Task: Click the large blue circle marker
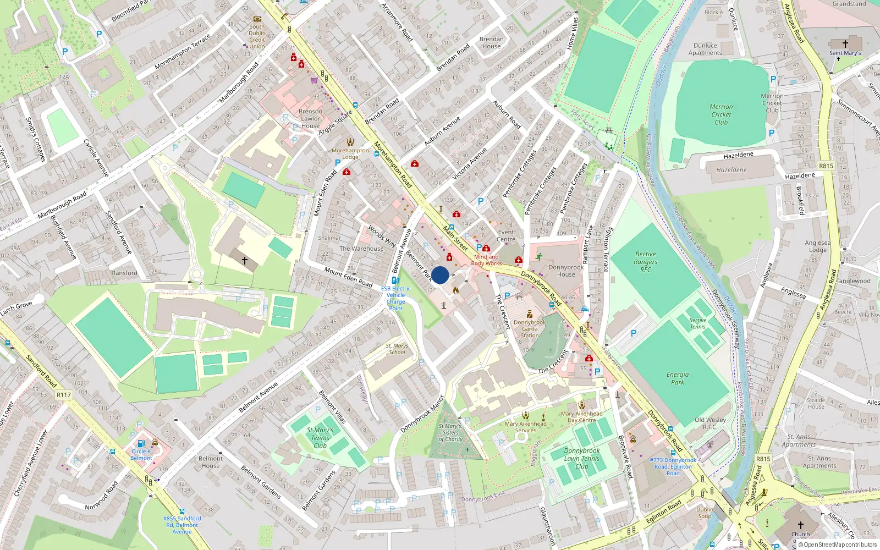[x=440, y=275]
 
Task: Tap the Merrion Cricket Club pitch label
[x=721, y=114]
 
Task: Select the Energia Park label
[x=678, y=378]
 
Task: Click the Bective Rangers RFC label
[x=646, y=262]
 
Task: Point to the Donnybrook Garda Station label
[x=530, y=329]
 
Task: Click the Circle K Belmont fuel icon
[x=141, y=443]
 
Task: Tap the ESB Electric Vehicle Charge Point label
[x=396, y=298]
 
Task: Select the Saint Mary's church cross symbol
[x=845, y=44]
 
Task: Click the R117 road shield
[x=64, y=395]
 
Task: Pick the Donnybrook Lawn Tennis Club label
[x=582, y=458]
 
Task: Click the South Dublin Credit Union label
[x=257, y=36]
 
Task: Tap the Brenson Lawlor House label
[x=310, y=118]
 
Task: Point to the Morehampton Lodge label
[x=350, y=153]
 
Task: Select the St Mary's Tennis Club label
[x=320, y=438]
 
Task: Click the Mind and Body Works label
[x=486, y=260]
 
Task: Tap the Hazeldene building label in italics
[x=732, y=170]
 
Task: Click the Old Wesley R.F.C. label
[x=710, y=423]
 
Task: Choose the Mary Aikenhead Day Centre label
[x=582, y=417]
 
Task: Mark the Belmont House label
[x=211, y=462]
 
